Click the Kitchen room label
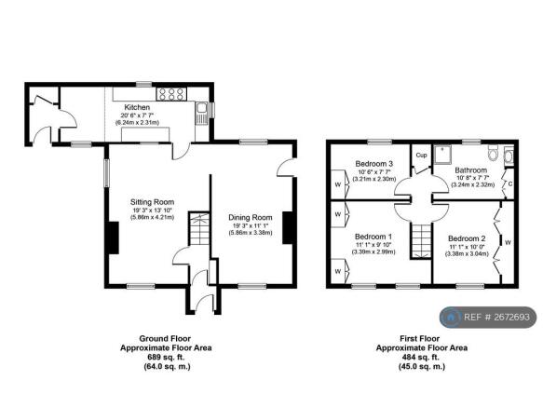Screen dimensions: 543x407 137,107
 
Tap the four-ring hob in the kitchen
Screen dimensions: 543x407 171,94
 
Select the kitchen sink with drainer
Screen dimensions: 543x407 201,114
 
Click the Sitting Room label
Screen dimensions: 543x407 152,202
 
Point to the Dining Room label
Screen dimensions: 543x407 250,218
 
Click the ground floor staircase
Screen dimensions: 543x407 199,228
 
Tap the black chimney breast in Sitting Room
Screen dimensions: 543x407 114,237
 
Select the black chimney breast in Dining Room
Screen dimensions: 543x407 288,228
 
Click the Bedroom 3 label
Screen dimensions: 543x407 374,164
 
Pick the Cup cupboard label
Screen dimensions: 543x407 421,156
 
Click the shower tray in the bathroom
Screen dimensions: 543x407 442,155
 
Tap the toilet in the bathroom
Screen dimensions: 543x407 492,153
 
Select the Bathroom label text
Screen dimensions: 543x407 470,170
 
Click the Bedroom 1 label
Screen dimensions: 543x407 373,237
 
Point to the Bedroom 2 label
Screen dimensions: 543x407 467,238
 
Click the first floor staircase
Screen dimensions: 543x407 421,240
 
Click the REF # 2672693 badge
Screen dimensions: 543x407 488,317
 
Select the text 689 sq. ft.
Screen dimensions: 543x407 166,357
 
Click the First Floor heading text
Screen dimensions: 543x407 420,338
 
